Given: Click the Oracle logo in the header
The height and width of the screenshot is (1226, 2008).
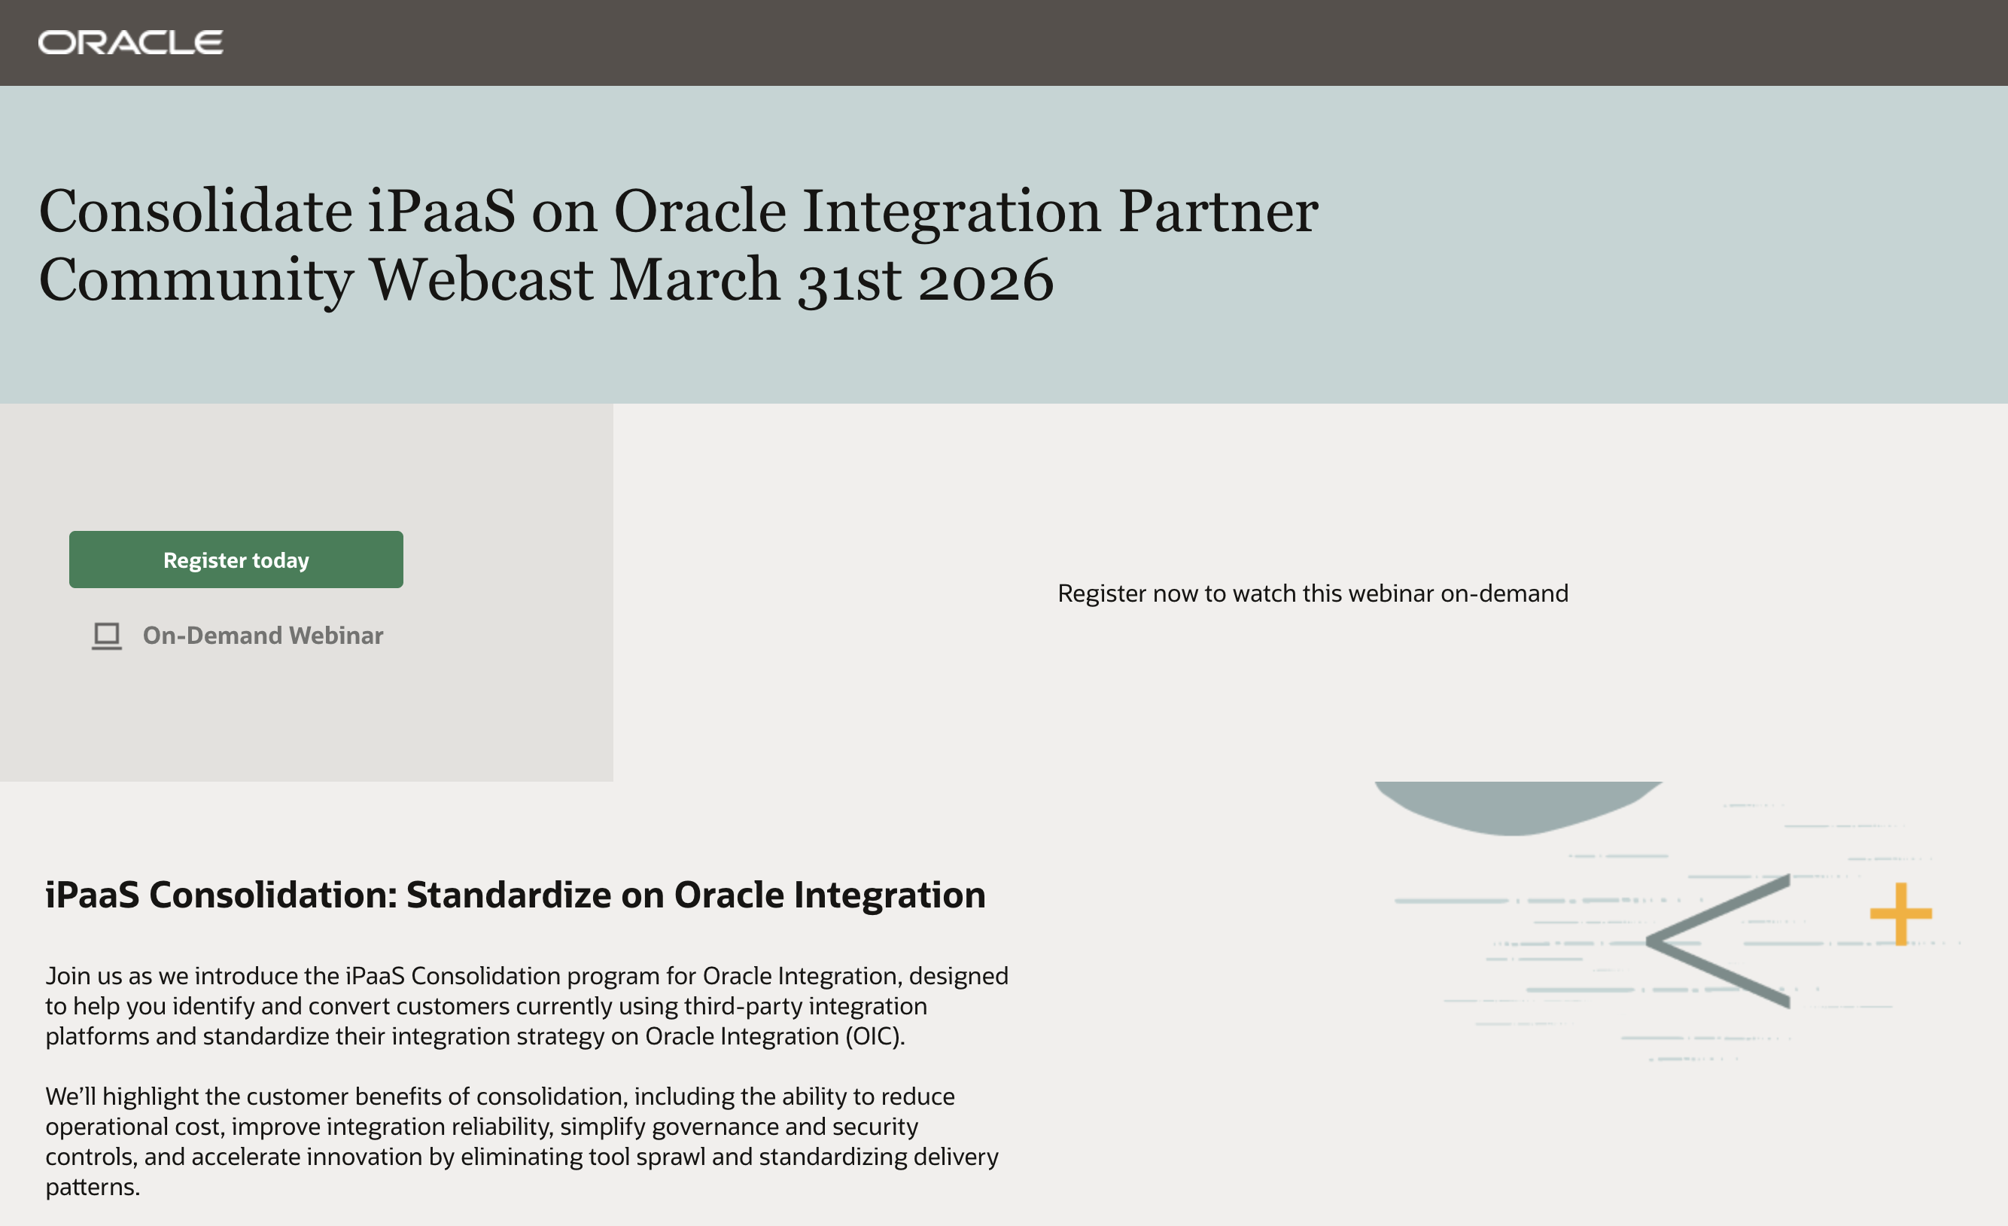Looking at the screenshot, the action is [130, 42].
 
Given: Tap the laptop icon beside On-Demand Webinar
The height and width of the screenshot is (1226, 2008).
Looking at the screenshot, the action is [107, 636].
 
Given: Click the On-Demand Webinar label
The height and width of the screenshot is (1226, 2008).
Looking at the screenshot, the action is [263, 636].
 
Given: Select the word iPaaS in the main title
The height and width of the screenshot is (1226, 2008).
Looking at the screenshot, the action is [441, 211].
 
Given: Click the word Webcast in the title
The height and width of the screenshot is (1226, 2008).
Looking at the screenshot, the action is [482, 279].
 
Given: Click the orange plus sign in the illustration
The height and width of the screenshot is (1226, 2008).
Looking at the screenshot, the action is [1900, 913].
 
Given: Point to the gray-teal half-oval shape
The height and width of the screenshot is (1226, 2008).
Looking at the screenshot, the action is [1517, 808].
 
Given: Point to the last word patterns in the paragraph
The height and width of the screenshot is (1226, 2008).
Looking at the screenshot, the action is [92, 1187].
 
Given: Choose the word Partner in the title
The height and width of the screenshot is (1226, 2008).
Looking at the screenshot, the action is [1218, 211].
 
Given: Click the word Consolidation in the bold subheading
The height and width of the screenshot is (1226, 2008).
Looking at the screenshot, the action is [273, 895].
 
